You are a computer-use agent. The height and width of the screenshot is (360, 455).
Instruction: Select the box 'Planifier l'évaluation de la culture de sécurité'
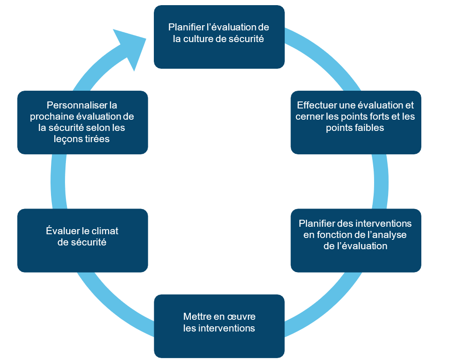(x=219, y=36)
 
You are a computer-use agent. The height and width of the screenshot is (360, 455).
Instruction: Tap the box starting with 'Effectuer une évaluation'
(x=355, y=122)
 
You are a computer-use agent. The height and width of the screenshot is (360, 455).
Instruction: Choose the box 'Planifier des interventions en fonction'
(x=355, y=240)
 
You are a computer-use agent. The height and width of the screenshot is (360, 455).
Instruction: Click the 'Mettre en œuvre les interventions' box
(x=219, y=326)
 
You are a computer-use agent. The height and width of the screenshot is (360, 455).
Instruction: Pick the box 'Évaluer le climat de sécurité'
(x=82, y=240)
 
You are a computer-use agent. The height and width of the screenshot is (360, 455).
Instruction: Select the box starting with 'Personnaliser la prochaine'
(x=82, y=122)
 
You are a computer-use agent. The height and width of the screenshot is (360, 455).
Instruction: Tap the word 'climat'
(x=104, y=231)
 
